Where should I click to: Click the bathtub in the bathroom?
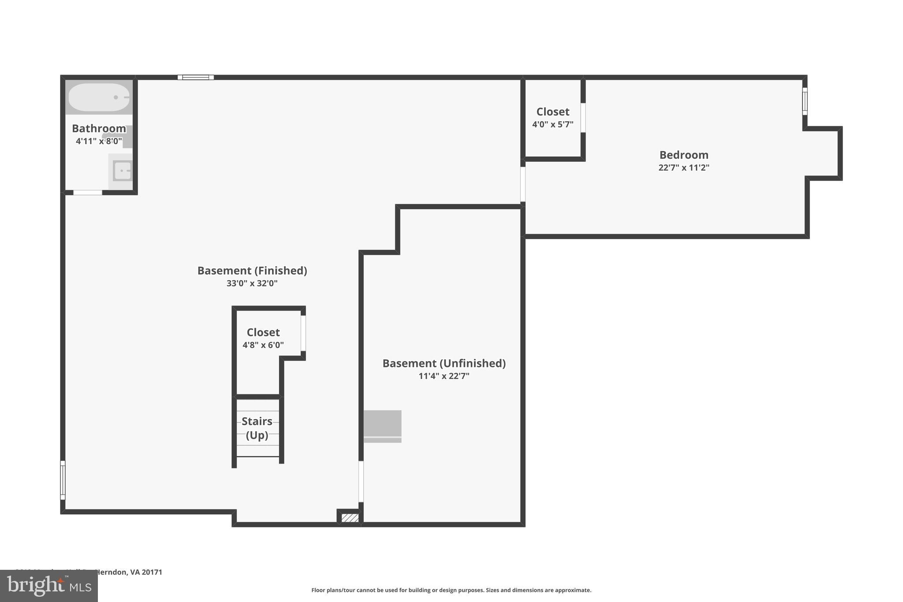pos(99,97)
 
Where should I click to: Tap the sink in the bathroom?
pos(122,171)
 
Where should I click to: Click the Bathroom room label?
pos(99,128)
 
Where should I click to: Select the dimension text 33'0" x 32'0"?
pos(252,284)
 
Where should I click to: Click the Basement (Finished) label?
pos(252,270)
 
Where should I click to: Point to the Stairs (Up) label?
pos(257,428)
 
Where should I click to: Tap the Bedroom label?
pos(683,155)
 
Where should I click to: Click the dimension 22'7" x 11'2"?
pos(683,168)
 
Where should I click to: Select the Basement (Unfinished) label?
pos(444,363)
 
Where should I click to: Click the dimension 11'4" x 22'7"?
pos(444,376)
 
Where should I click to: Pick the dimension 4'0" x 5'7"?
pos(552,124)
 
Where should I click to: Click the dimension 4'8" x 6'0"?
pos(263,345)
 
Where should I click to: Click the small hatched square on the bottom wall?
pos(350,518)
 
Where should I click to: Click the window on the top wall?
pos(196,78)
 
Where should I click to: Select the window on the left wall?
pos(63,480)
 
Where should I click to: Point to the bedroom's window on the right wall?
pos(805,101)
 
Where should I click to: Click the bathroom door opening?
pos(87,192)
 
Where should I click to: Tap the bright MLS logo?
pos(49,586)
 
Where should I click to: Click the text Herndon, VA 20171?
pos(129,572)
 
